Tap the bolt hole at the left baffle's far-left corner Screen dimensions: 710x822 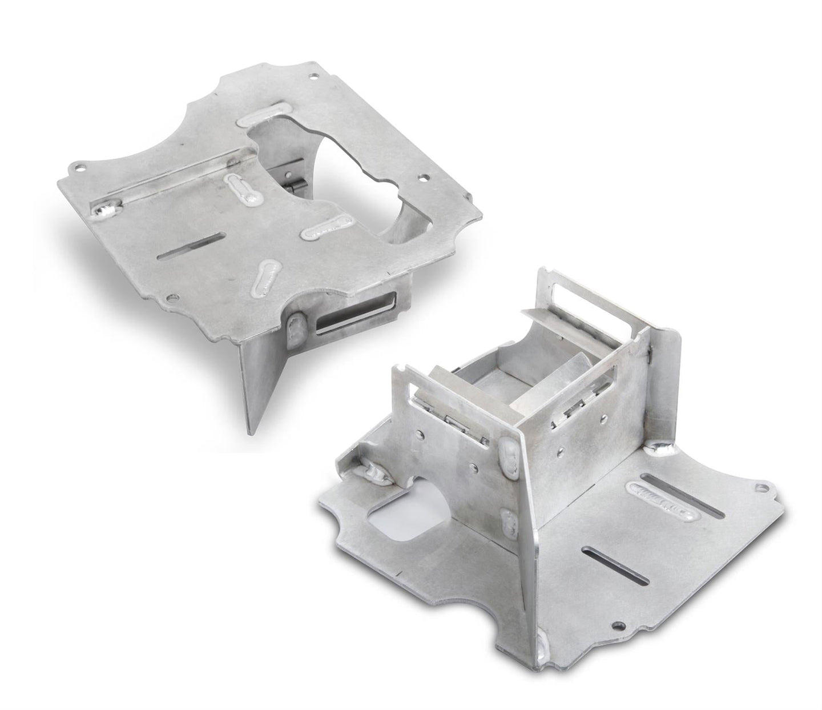point(80,169)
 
